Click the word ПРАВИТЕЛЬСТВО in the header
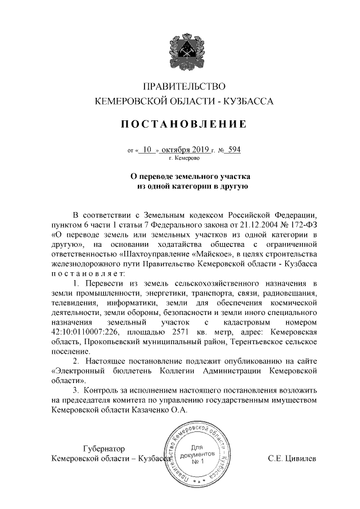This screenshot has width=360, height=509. (x=184, y=87)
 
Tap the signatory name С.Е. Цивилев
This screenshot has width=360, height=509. (x=292, y=458)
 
